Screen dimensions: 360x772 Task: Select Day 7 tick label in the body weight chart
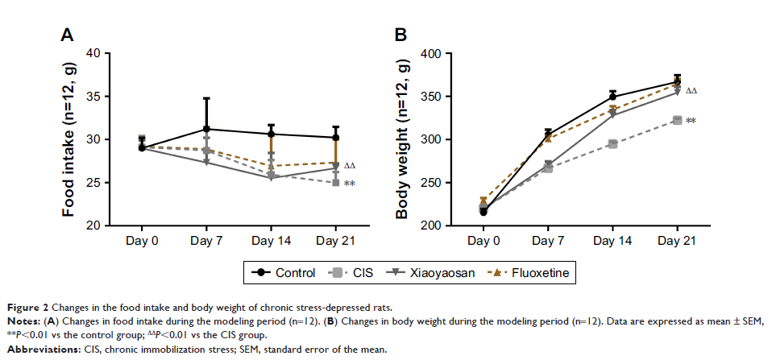coord(547,241)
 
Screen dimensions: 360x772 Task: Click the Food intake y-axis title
coord(72,139)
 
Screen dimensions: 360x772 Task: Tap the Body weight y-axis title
coord(402,139)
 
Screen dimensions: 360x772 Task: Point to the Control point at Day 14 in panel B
coord(612,97)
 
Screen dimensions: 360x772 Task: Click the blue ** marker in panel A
coord(350,184)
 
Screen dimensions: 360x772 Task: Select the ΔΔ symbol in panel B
coord(691,91)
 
